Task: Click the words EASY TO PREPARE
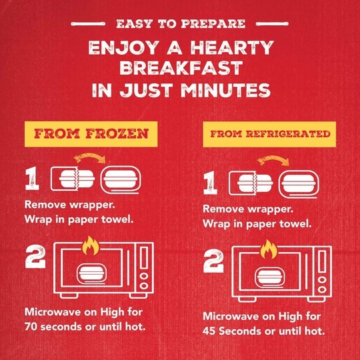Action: [181, 24]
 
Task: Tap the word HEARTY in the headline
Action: [232, 48]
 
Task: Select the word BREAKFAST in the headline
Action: [181, 68]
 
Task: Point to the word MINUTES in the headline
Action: [226, 90]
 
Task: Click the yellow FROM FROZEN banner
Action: [91, 134]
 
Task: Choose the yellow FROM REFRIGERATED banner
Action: [269, 134]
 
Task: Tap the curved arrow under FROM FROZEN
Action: [90, 158]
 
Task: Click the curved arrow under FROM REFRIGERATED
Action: [273, 160]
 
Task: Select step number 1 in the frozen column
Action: [32, 178]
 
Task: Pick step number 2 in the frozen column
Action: [35, 257]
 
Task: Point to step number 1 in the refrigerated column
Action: [210, 183]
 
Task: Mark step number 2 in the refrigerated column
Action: [213, 261]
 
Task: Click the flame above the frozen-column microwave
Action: [91, 245]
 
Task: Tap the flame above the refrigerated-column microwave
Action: [269, 249]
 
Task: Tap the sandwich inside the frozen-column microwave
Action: [91, 274]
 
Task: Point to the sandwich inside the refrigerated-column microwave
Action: [270, 277]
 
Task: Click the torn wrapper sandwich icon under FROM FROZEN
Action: [73, 179]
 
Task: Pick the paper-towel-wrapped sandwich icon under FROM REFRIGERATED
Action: [299, 185]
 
